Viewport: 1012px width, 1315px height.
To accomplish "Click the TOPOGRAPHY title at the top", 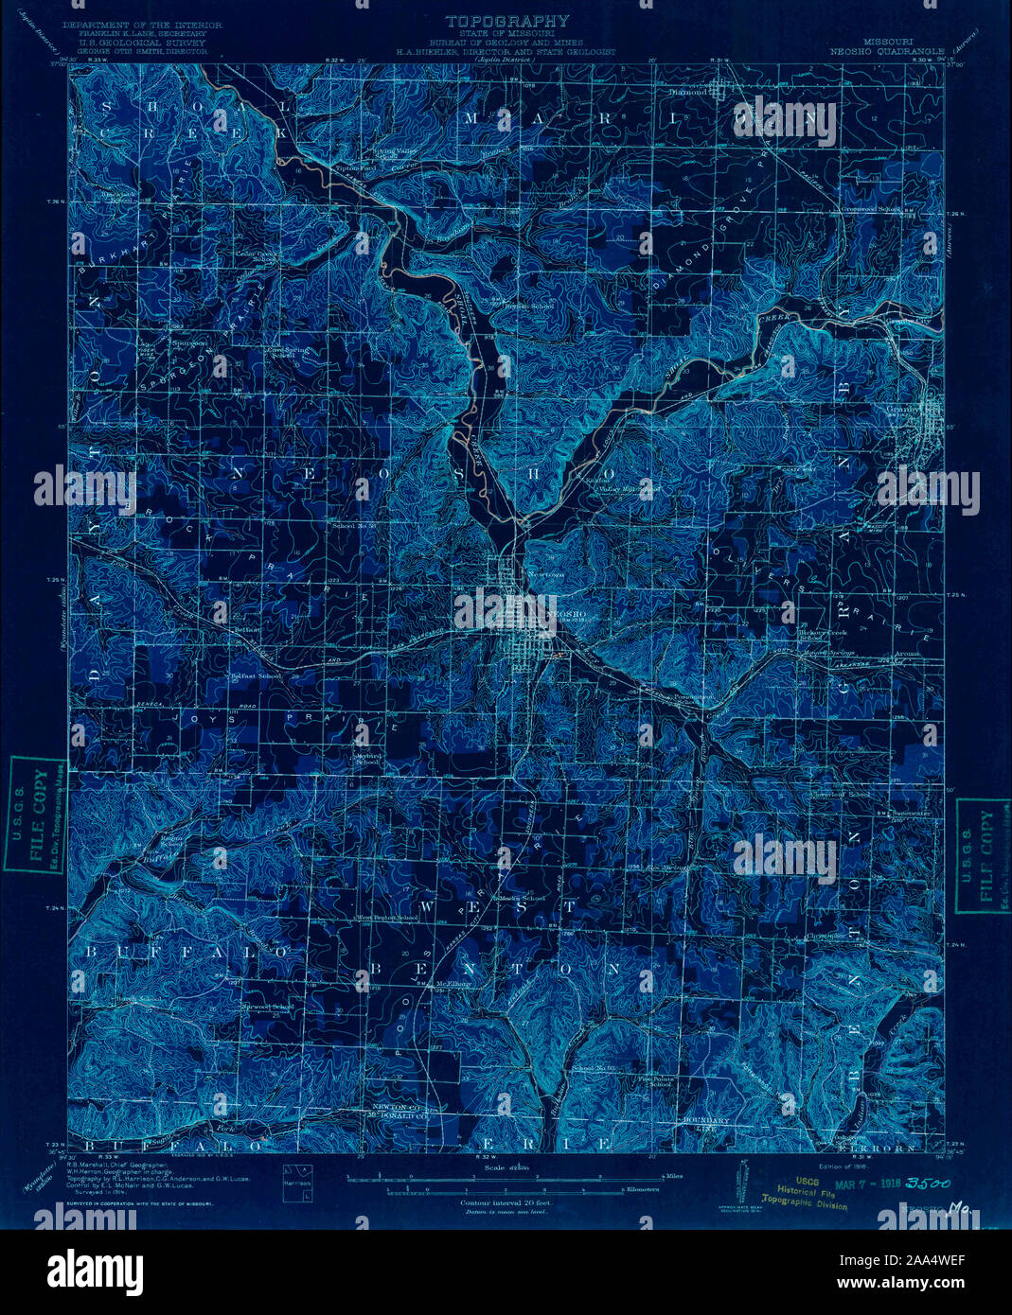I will [507, 20].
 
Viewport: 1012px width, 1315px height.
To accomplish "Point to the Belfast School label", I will [256, 676].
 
